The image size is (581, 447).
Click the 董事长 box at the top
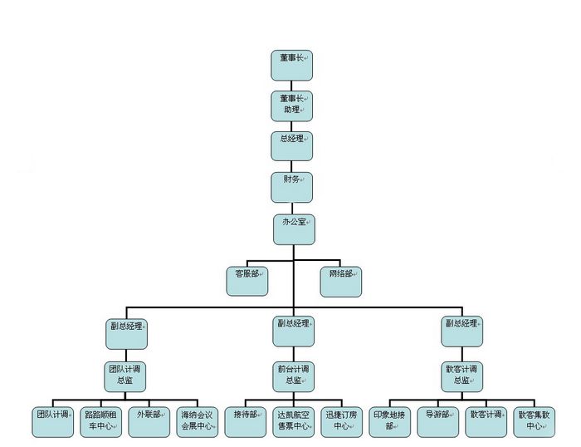292,65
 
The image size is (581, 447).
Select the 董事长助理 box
292,106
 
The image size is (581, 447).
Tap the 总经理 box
292,146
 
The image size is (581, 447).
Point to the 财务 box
292,187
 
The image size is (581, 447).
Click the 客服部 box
247,281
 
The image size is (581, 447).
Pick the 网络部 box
342,281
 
